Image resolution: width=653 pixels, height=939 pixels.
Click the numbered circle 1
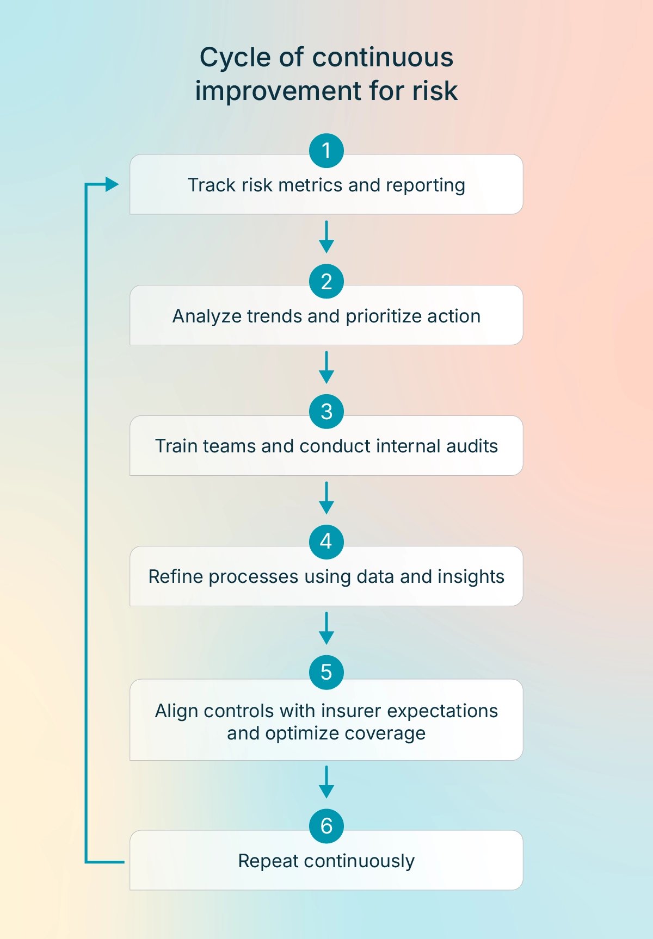click(326, 151)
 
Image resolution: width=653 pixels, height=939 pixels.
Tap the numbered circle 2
click(326, 281)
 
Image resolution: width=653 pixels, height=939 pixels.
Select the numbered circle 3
click(326, 412)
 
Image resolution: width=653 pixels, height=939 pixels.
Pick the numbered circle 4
click(326, 542)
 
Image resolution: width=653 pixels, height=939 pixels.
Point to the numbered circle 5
click(326, 672)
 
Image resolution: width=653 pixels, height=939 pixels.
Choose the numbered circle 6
click(326, 826)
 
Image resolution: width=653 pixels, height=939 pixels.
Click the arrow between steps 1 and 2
click(326, 237)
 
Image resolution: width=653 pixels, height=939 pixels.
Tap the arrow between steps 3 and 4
click(326, 498)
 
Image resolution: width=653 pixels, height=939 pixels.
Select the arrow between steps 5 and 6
click(326, 782)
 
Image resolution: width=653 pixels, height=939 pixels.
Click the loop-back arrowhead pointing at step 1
click(112, 184)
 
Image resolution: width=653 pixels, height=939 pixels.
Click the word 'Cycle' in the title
click(235, 58)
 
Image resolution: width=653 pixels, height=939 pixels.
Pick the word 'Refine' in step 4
click(176, 577)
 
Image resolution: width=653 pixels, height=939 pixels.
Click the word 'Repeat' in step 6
click(268, 862)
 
